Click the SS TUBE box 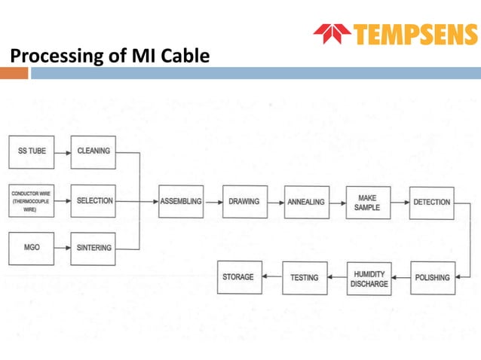pyautogui.click(x=32, y=151)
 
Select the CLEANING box pyautogui.click(x=93, y=151)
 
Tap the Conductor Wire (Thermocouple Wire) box pyautogui.click(x=31, y=201)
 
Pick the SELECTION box pyautogui.click(x=94, y=201)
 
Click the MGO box pyautogui.click(x=32, y=248)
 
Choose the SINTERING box pyautogui.click(x=94, y=248)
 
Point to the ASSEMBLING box pyautogui.click(x=181, y=202)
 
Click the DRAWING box pyautogui.click(x=244, y=202)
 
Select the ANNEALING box pyautogui.click(x=307, y=202)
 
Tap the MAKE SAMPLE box pyautogui.click(x=367, y=202)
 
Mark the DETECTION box pyautogui.click(x=432, y=202)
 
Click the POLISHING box pyautogui.click(x=432, y=277)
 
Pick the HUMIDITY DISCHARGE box pyautogui.click(x=369, y=278)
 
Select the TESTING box pyautogui.click(x=305, y=277)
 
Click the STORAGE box pyautogui.click(x=238, y=277)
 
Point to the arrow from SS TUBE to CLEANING pyautogui.click(x=63, y=151)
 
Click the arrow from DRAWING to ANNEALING pyautogui.click(x=275, y=202)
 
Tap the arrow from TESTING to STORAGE pyautogui.click(x=271, y=277)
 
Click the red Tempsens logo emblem pyautogui.click(x=332, y=34)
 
